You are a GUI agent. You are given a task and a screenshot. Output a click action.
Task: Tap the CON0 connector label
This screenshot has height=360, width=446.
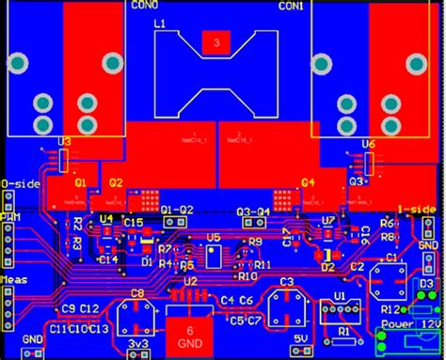pyautogui.click(x=146, y=7)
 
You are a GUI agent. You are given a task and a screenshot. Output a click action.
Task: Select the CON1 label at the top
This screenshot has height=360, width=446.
pyautogui.click(x=291, y=7)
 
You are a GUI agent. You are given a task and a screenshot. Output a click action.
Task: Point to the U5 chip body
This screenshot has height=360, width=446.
pyautogui.click(x=214, y=256)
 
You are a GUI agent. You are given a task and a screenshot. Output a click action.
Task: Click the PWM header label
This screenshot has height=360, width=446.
pyautogui.click(x=11, y=218)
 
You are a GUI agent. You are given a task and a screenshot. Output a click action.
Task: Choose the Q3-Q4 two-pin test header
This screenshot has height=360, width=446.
pyautogui.click(x=253, y=225)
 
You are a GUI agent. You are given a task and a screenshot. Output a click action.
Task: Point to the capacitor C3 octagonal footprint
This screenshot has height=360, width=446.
pyautogui.click(x=286, y=303)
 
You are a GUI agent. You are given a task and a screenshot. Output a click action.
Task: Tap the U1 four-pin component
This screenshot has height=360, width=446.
pyautogui.click(x=340, y=311)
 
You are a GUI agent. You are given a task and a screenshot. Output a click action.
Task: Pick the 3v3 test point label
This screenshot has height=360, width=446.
pyautogui.click(x=138, y=346)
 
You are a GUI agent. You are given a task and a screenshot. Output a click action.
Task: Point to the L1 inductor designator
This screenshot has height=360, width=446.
pyautogui.click(x=159, y=23)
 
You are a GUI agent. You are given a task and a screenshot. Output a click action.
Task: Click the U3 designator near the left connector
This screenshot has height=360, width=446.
pyautogui.click(x=64, y=142)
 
